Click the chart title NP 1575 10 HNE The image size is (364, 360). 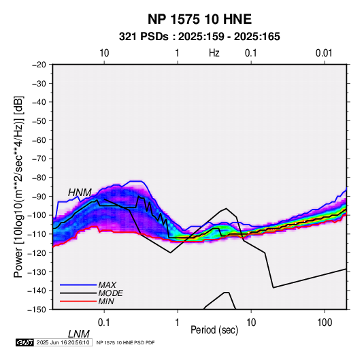tap(199, 19)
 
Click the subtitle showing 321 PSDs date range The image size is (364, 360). tap(199, 37)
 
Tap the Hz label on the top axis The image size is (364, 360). tap(214, 53)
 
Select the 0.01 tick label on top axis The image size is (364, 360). tap(324, 53)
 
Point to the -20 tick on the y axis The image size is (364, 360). tap(39, 65)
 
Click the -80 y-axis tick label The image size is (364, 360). tap(39, 178)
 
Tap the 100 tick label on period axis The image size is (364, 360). tap(325, 323)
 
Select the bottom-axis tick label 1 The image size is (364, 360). tap(178, 323)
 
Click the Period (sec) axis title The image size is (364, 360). tap(214, 330)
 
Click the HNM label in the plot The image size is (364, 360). tap(80, 193)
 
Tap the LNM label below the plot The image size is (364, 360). tap(79, 334)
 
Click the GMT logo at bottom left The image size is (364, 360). tap(24, 342)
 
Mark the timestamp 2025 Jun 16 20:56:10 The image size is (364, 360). tap(63, 342)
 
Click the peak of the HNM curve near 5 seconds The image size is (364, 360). tap(226, 208)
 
